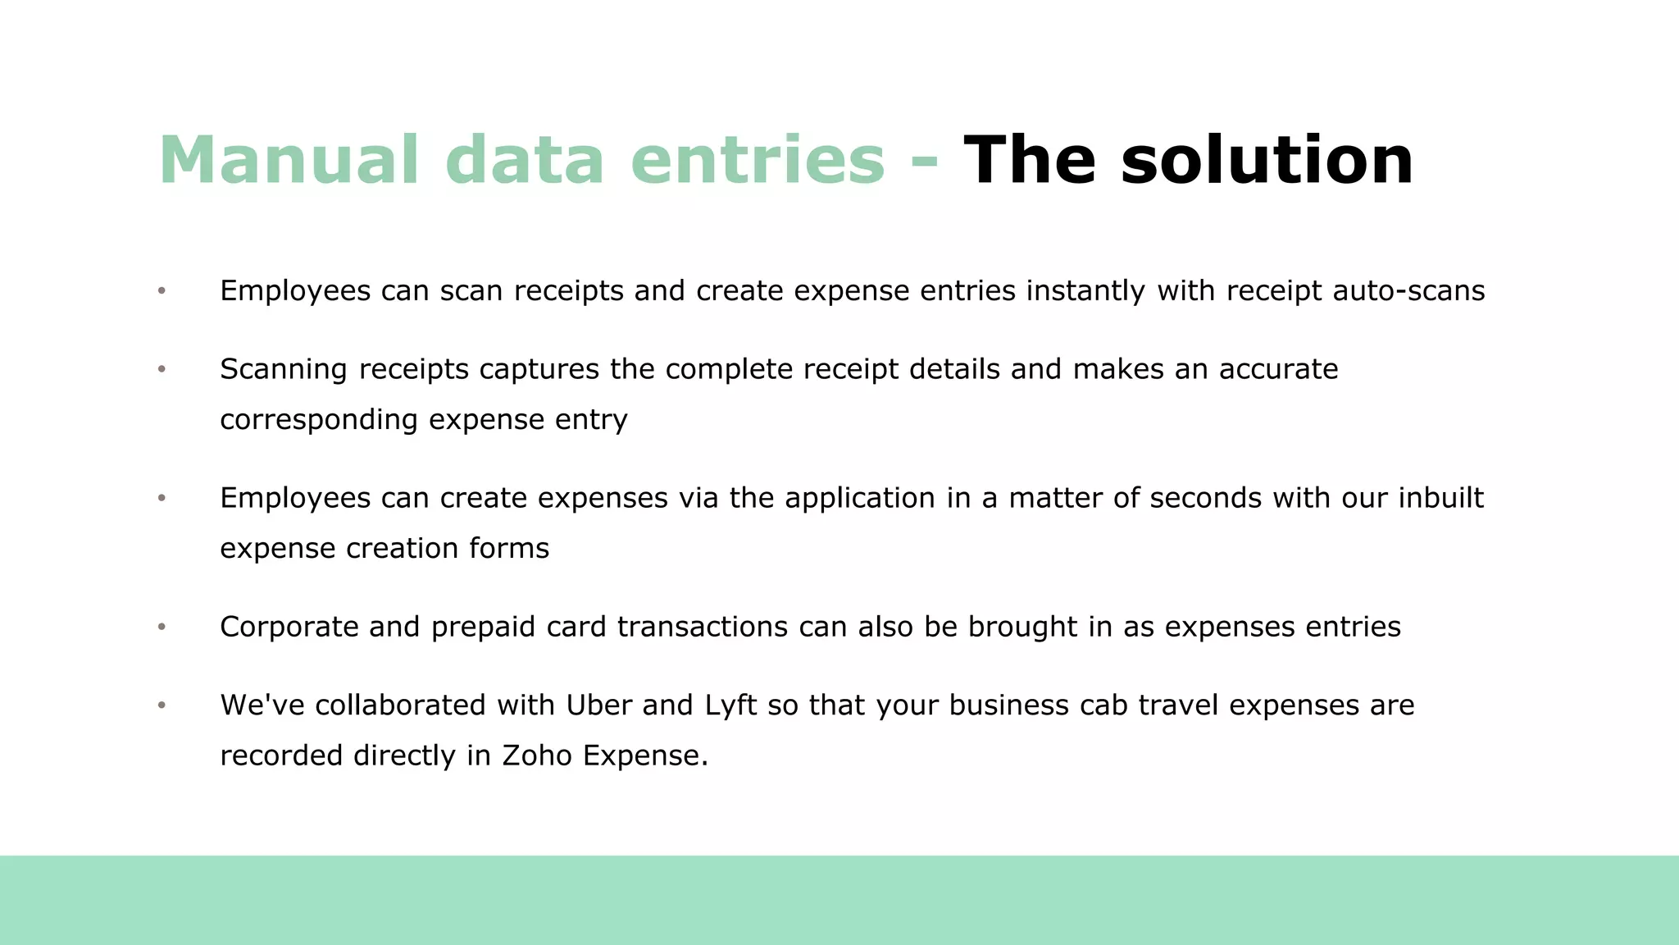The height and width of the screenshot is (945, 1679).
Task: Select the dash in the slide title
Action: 924,161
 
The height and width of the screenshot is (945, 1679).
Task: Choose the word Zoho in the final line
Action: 536,755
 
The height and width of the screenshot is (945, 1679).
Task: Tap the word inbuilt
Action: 1440,497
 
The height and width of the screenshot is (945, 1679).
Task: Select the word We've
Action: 262,705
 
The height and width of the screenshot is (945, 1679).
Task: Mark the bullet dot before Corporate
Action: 162,627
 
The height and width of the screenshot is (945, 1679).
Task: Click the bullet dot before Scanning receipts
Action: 162,369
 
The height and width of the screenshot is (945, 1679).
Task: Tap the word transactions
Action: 703,627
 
